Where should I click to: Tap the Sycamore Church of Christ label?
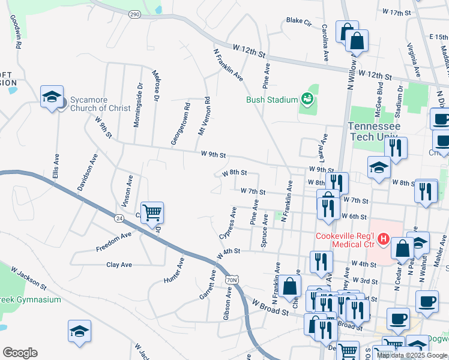(x=100, y=104)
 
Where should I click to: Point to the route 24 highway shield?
(x=120, y=218)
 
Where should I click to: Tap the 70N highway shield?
(x=232, y=280)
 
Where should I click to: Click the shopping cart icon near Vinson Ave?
(x=152, y=212)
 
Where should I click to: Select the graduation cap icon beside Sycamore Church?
(x=52, y=96)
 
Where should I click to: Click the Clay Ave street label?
(x=119, y=264)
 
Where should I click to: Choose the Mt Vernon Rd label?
(x=204, y=116)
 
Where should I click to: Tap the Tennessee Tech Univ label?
(x=378, y=131)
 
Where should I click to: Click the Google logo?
(x=20, y=353)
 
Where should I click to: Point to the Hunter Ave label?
(x=174, y=271)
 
